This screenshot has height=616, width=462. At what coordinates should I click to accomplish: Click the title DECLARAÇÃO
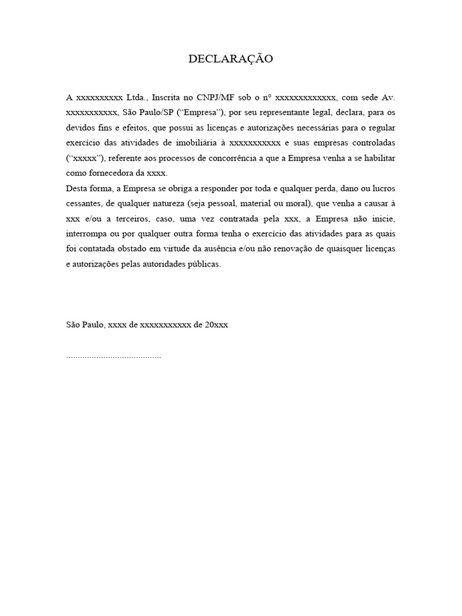[231, 59]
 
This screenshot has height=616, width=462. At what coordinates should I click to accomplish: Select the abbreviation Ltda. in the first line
[137, 97]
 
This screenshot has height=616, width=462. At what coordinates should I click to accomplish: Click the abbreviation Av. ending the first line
[389, 97]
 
